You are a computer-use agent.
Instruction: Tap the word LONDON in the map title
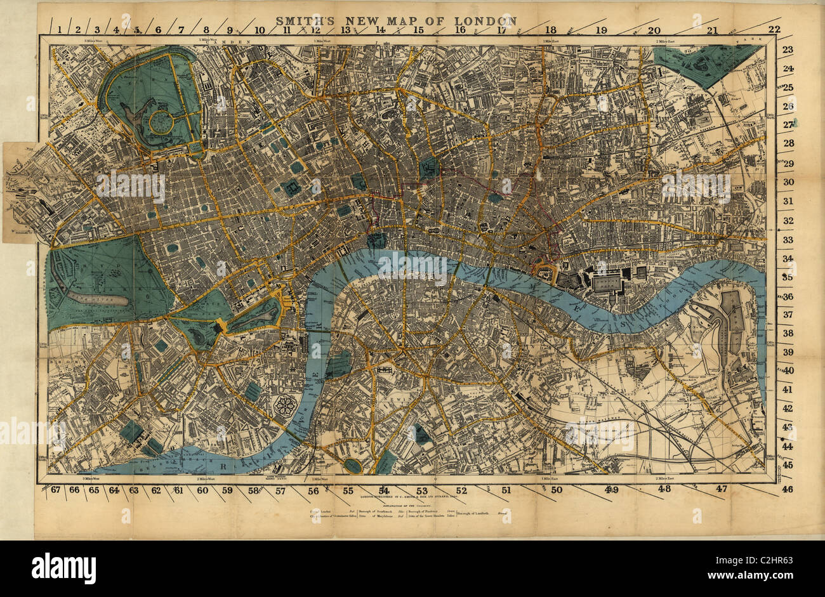click(489, 20)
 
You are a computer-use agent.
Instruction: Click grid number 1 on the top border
click(59, 29)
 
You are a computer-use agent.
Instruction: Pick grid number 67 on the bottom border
click(55, 490)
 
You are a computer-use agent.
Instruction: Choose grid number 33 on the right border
click(788, 240)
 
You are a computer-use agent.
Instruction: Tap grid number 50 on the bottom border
click(556, 490)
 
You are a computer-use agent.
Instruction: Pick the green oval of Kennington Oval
click(352, 466)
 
